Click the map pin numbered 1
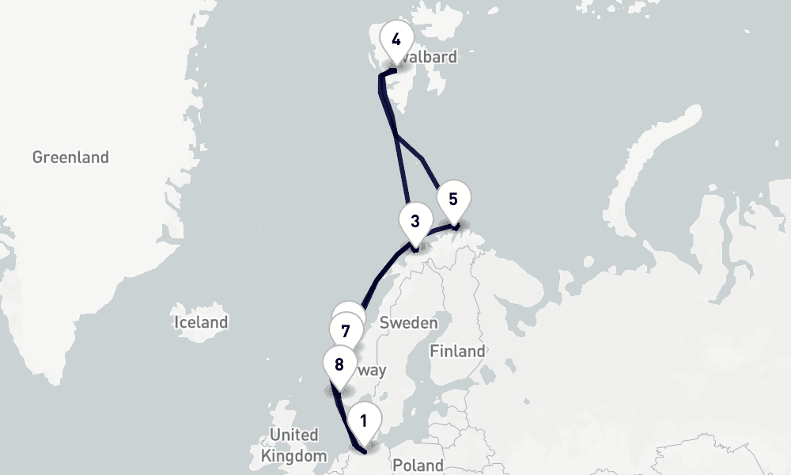point(364,423)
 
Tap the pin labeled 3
point(415,223)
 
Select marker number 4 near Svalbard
point(396,41)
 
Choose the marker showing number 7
point(346,332)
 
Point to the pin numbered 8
point(339,367)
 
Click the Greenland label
point(70,158)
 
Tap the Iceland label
point(201,322)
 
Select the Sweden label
point(408,322)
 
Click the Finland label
point(457,351)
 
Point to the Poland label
point(417,465)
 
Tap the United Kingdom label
point(293,445)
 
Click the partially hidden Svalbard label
point(431,57)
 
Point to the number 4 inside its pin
point(396,40)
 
